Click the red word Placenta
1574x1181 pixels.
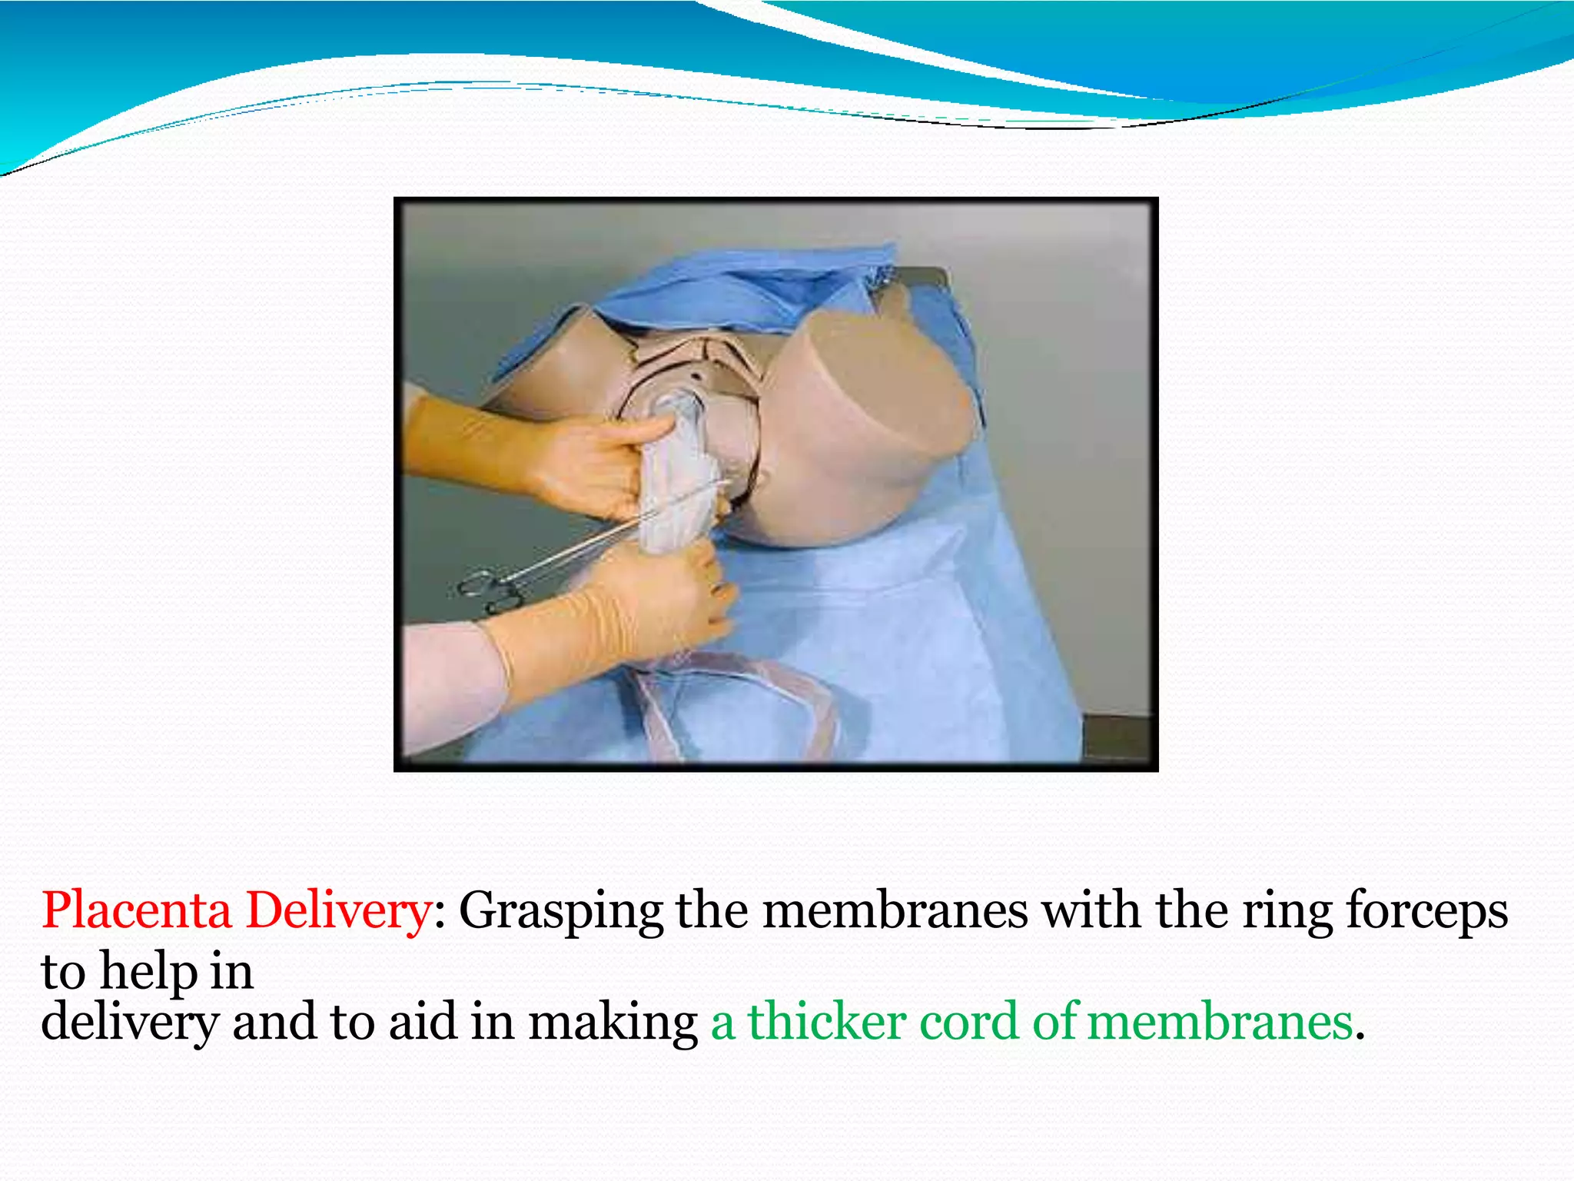click(x=136, y=911)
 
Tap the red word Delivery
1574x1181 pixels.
click(x=338, y=911)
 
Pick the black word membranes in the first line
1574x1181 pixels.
click(x=895, y=911)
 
